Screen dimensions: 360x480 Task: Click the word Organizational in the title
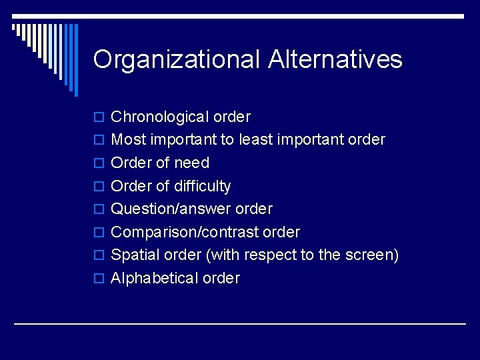[177, 60]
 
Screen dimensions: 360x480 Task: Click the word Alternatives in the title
[335, 60]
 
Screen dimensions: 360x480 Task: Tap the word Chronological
[159, 117]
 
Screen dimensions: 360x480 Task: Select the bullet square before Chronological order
[99, 118]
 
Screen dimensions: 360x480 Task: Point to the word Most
[129, 140]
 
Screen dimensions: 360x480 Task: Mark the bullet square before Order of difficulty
[99, 187]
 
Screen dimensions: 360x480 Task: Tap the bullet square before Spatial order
[99, 256]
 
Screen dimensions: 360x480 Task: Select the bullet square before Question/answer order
[99, 210]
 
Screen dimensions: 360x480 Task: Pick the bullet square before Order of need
[99, 164]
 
